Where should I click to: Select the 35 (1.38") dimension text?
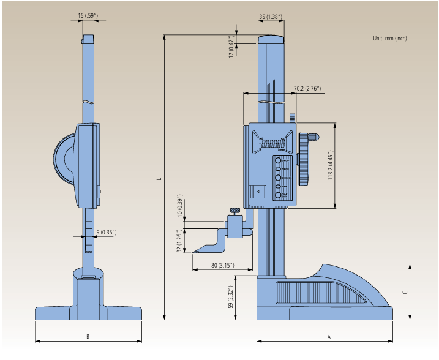coord(270,17)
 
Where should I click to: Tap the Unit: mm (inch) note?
coord(389,38)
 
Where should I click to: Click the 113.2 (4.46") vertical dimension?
coord(330,165)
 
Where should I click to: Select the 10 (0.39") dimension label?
coord(179,206)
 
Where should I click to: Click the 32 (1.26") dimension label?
coord(179,241)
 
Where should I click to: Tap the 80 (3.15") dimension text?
coord(222,266)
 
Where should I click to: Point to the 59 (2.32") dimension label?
coord(231,297)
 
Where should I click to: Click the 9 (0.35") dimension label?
coord(106,232)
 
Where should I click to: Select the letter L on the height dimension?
coord(158,179)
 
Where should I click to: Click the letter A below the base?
coord(328,337)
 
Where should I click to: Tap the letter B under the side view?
coord(88,336)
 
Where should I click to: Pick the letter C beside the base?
coord(404,293)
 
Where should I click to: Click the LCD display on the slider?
coord(274,144)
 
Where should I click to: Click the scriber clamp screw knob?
coord(235,211)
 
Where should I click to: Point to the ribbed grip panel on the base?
coord(321,293)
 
